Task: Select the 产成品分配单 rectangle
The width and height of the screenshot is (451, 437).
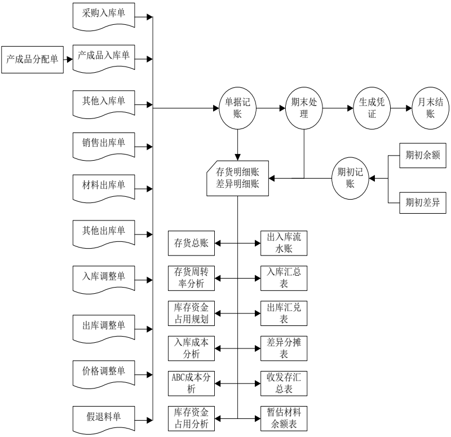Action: point(32,58)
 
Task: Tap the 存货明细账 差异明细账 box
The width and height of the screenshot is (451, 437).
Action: point(238,178)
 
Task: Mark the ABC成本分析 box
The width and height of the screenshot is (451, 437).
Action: point(192,384)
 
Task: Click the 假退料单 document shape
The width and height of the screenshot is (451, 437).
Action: point(103,418)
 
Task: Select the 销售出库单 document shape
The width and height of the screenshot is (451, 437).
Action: point(103,143)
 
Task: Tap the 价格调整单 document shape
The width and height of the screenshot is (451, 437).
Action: point(103,372)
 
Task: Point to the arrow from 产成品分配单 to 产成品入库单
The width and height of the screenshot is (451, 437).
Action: point(68,58)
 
